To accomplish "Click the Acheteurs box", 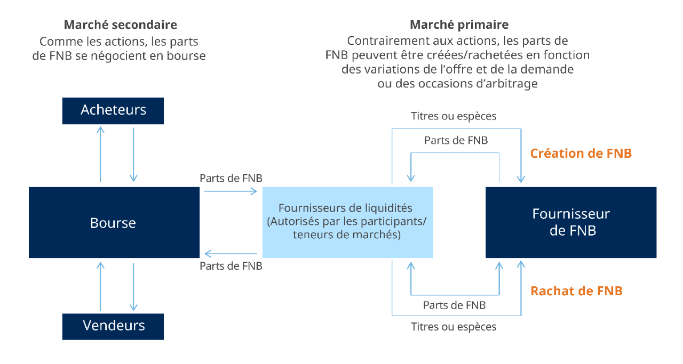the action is [x=113, y=111].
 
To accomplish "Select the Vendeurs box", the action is [x=113, y=327].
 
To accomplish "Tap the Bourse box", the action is [x=114, y=222].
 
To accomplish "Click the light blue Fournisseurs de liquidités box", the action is [x=347, y=222].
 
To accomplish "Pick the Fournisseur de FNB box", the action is [x=571, y=222].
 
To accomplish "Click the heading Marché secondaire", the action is [x=121, y=25].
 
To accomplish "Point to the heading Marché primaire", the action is [x=459, y=25].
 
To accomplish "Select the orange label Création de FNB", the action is [x=581, y=153].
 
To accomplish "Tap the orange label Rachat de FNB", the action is [x=576, y=291].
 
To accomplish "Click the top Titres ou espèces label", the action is [x=454, y=116].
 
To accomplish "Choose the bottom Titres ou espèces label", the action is [x=454, y=327].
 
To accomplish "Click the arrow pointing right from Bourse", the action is [x=231, y=191].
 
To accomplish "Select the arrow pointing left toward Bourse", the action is [x=231, y=254].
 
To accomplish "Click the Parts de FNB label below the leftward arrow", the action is [x=231, y=266].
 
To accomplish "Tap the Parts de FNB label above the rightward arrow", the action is [x=231, y=178].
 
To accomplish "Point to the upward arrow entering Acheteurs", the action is [x=101, y=154].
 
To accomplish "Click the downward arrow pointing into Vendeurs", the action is [x=133, y=287].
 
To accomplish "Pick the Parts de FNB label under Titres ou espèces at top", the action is [x=456, y=140].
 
